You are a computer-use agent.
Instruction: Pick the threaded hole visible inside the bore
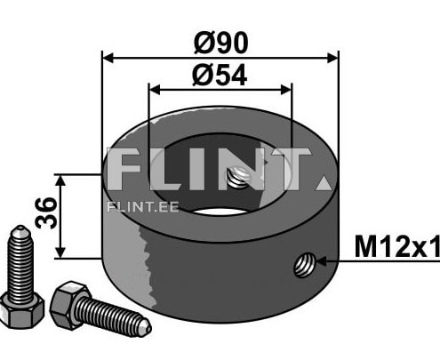[238, 179]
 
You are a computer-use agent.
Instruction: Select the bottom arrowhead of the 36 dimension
[60, 253]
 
